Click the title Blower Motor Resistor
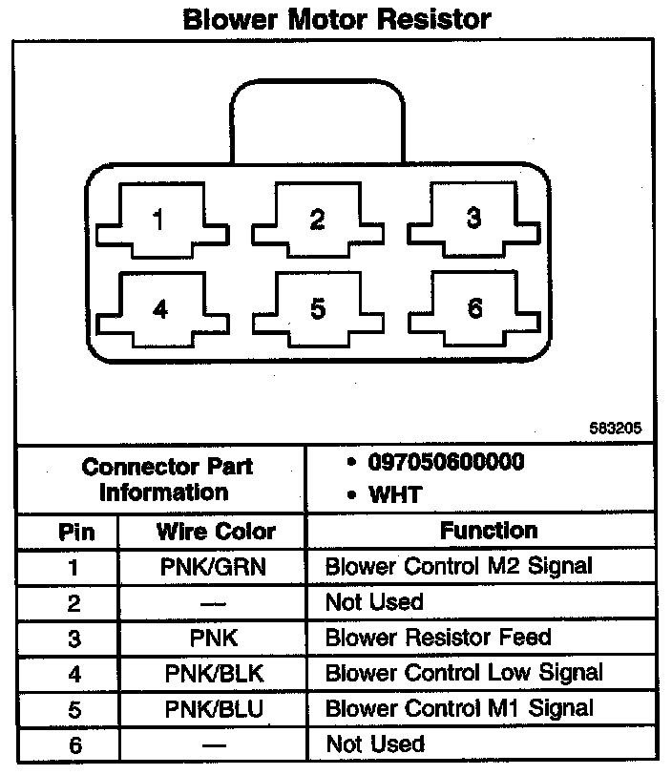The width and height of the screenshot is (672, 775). coord(336,18)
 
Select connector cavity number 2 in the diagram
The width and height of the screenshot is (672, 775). coord(317,220)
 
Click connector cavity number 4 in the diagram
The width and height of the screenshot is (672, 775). coord(159,310)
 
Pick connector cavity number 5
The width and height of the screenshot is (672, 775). coord(317,309)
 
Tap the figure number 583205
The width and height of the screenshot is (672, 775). coord(616,429)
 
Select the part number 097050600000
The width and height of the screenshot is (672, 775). coord(446,463)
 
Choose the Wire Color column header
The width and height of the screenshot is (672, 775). coord(216,532)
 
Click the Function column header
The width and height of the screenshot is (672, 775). coord(488,531)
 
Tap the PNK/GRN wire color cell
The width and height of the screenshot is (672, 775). coord(215,567)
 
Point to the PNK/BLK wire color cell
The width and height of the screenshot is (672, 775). coord(215,673)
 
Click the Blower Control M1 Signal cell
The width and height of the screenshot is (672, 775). coord(459,708)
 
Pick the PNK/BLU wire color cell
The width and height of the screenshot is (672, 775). coord(215,708)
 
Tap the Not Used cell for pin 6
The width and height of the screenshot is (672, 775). coord(374,744)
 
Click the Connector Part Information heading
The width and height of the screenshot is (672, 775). coord(167,480)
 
